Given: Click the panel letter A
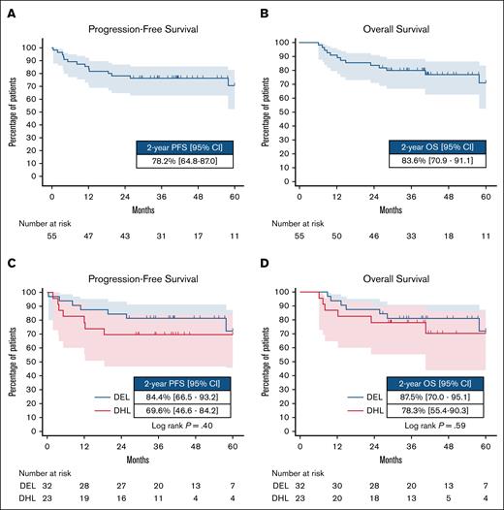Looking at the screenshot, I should [9, 11].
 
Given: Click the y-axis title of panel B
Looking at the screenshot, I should [267, 108].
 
